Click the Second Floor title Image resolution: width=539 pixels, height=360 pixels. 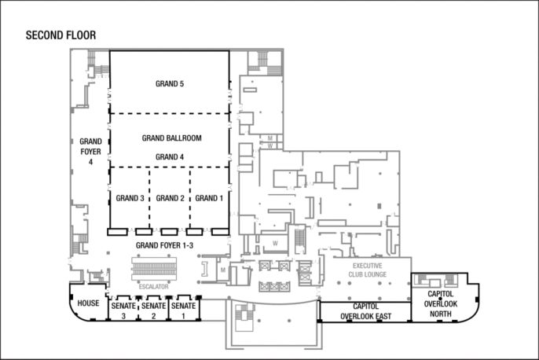pos(60,35)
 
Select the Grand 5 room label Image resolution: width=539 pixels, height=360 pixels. pos(170,83)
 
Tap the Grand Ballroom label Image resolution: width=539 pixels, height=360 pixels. pos(171,138)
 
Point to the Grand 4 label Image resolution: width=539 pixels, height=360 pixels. pos(170,157)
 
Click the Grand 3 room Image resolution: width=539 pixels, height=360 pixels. pos(130,198)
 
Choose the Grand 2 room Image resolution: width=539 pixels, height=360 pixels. pos(170,198)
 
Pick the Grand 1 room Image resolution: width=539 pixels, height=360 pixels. pos(209,198)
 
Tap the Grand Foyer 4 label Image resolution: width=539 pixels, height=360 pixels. pos(90,152)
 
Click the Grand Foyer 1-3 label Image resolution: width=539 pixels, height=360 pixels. pos(164,245)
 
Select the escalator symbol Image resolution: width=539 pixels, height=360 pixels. pos(154,269)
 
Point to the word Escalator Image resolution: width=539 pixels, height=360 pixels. pos(154,286)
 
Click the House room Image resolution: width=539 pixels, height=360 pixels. pos(88,303)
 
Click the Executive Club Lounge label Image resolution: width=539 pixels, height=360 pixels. pos(368,270)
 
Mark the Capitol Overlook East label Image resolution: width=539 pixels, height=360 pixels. pos(366,311)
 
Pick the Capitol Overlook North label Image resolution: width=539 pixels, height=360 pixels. pos(441,304)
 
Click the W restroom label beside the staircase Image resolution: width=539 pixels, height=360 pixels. pos(275,244)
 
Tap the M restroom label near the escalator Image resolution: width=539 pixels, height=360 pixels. pos(223,270)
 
